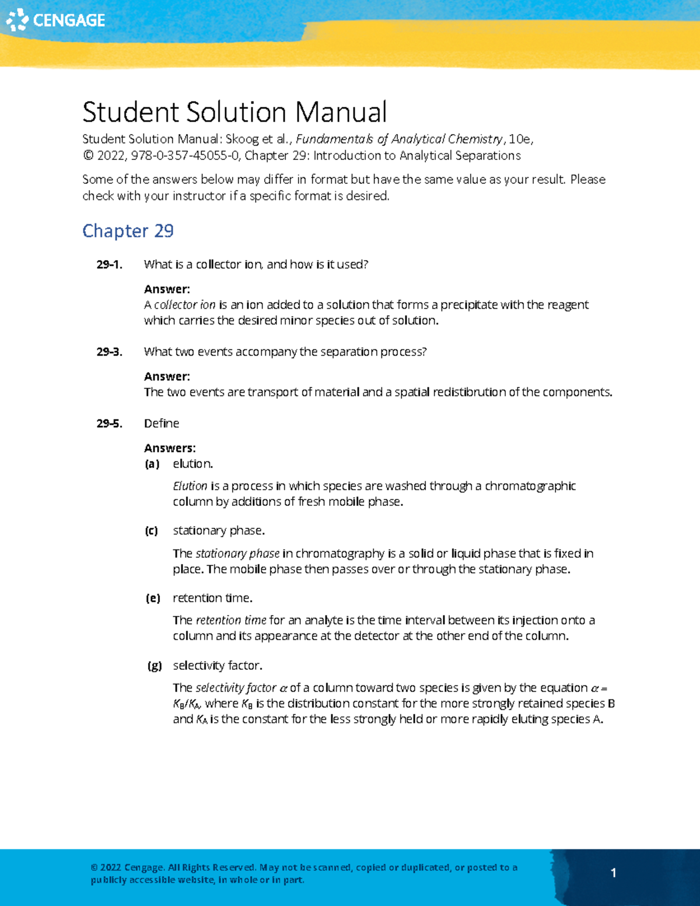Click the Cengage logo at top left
point(55,20)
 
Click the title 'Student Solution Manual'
point(235,112)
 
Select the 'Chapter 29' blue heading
point(128,231)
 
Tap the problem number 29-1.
point(109,265)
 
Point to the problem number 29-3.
point(109,352)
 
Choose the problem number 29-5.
point(109,424)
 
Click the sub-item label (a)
point(152,464)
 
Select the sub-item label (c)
point(152,531)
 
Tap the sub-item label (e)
point(153,599)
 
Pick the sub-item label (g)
point(155,666)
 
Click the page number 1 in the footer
point(613,873)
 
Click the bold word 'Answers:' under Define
point(170,449)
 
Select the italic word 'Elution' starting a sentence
point(190,486)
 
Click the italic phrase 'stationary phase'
point(237,554)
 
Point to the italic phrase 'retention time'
point(231,620)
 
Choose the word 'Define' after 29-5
point(162,424)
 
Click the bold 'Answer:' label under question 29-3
point(167,377)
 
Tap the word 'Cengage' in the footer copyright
point(144,867)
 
